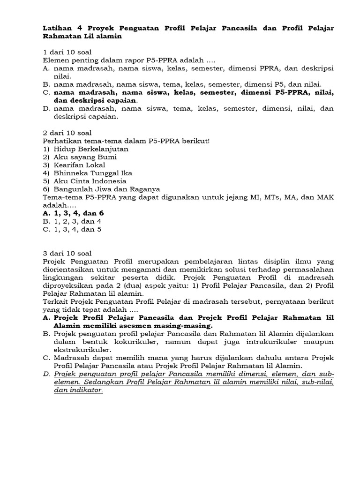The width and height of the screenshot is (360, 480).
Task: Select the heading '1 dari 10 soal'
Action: click(x=67, y=52)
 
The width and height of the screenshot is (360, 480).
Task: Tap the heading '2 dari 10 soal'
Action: click(x=67, y=133)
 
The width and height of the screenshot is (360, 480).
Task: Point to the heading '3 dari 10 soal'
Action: click(x=67, y=253)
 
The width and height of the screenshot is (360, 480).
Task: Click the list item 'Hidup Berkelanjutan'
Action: click(x=91, y=149)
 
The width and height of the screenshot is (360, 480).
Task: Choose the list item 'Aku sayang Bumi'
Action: click(x=85, y=157)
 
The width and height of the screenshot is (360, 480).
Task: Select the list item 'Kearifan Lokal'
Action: click(x=79, y=165)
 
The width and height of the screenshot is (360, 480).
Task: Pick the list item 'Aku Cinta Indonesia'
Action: click(x=90, y=181)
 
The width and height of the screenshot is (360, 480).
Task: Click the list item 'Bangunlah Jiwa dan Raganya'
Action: click(x=107, y=189)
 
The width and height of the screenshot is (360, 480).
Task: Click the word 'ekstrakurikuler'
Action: click(x=82, y=350)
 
